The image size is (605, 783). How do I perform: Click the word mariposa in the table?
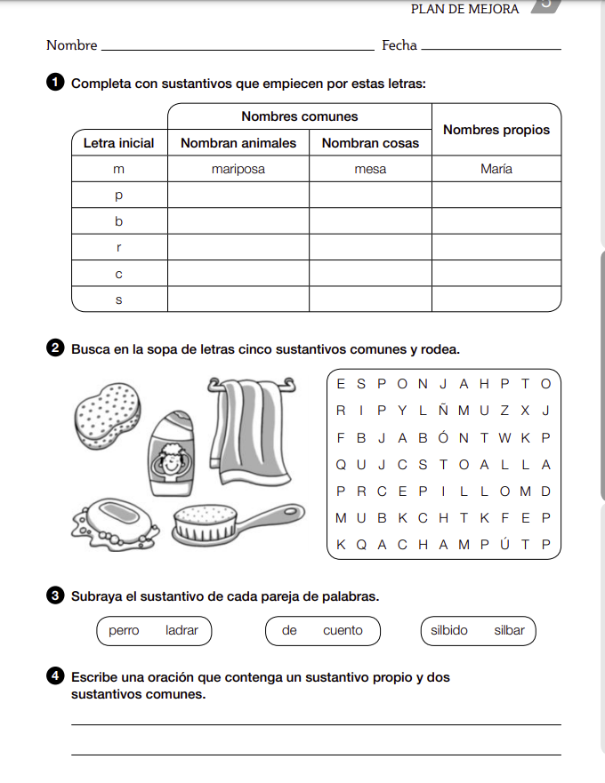tap(238, 169)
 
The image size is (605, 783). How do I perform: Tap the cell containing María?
tap(496, 169)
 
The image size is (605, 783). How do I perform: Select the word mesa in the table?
tap(370, 169)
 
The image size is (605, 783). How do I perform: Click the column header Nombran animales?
tap(238, 143)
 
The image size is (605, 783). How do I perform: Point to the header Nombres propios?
tap(496, 130)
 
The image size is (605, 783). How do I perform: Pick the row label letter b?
tap(118, 221)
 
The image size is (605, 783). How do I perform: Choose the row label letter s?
tap(118, 300)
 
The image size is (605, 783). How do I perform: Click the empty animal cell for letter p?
tap(238, 195)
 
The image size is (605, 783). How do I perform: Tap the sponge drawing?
tap(107, 414)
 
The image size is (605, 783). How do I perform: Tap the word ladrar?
tap(181, 631)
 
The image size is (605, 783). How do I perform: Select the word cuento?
tap(343, 631)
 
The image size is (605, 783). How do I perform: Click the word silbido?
tap(449, 631)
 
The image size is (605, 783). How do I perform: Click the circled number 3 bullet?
tap(54, 596)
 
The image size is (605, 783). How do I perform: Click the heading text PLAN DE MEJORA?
tap(464, 9)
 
